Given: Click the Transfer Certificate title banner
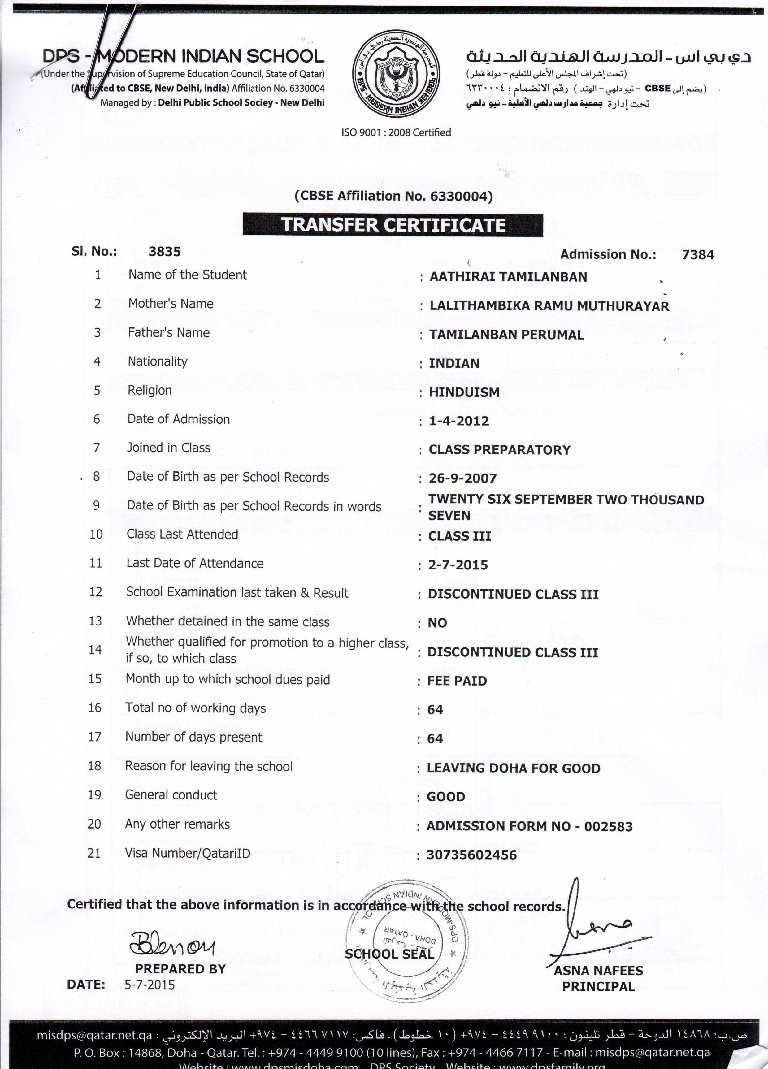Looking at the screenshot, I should (x=393, y=225).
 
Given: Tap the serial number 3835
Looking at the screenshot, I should (x=165, y=251).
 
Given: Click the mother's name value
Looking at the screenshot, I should (x=549, y=306).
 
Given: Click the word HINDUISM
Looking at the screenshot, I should (x=464, y=392).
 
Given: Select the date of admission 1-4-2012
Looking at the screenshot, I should (x=458, y=421).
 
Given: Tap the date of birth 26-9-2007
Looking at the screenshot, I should (x=462, y=478).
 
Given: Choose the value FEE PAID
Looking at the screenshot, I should (x=457, y=681).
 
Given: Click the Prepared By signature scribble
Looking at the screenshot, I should (x=172, y=942).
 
